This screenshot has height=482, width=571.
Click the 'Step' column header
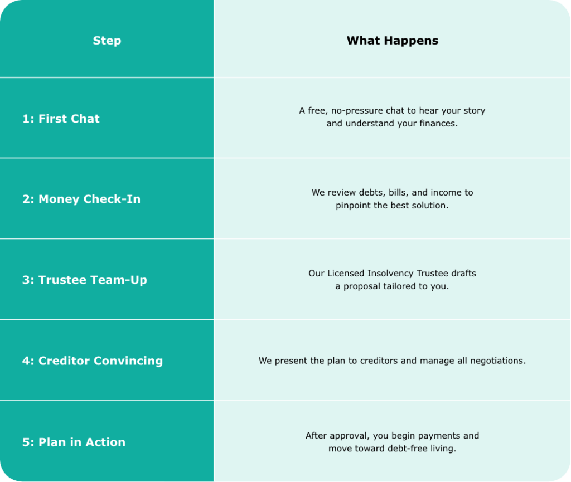107,40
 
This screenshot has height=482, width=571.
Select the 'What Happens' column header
392,40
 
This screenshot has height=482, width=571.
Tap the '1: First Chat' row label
61,119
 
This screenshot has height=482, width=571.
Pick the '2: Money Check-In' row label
81,199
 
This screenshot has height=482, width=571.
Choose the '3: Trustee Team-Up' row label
85,280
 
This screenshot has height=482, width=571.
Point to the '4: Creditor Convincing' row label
93,361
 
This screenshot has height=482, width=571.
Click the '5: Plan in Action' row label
74,442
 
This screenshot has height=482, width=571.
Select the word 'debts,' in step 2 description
372,192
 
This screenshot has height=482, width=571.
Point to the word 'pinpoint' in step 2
351,205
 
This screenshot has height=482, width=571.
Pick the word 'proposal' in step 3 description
361,286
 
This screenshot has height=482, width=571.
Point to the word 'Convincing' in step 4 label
128,361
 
